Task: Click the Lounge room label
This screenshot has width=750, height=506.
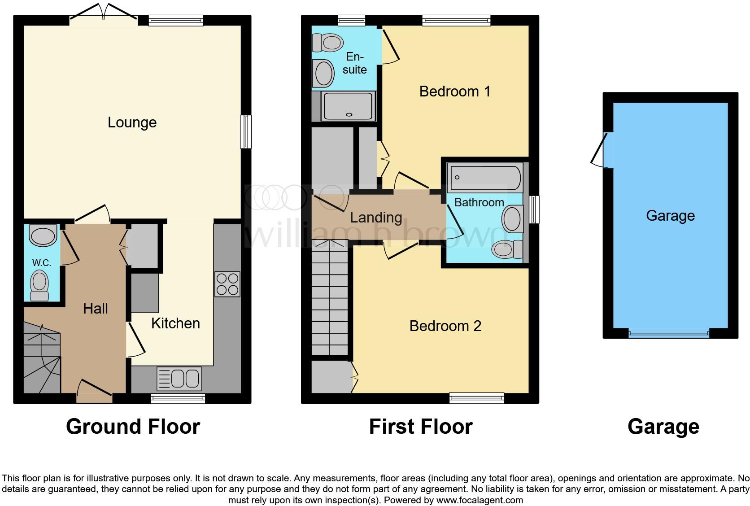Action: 132,122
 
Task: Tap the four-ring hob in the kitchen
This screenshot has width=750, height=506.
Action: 227,284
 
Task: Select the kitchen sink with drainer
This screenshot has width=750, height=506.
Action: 179,379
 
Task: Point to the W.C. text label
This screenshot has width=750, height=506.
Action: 41,263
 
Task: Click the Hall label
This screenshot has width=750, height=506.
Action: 96,309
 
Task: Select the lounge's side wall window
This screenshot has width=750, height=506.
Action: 246,132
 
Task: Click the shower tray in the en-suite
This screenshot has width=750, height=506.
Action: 349,106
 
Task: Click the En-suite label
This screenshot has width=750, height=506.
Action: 354,63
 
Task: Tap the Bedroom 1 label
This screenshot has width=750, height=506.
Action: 454,92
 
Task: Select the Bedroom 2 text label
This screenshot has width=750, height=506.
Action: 445,326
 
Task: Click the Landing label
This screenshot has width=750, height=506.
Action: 376,218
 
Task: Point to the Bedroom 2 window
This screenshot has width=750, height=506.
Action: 476,397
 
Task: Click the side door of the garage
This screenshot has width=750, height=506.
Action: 601,150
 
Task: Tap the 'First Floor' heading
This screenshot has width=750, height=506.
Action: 420,427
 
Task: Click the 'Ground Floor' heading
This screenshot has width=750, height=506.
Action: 133,427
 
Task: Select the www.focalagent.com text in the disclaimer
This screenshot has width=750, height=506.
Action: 479,500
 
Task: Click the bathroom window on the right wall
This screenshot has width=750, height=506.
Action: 534,209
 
